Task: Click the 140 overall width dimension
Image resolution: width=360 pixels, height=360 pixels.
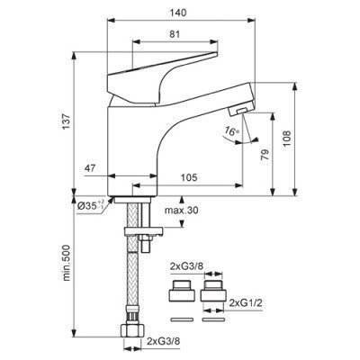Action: tap(178, 13)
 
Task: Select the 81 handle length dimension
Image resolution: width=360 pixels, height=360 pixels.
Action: tap(175, 34)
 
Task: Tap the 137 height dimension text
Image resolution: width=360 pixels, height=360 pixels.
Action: tap(67, 121)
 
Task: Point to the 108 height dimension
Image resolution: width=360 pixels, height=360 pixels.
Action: tap(287, 138)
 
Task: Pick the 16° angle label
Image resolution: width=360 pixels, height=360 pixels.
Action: tap(232, 130)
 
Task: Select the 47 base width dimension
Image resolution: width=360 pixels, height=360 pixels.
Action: tap(90, 168)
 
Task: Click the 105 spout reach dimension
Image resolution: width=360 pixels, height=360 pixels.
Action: tap(189, 177)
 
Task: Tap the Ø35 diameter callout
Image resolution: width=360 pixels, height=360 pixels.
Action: tap(90, 205)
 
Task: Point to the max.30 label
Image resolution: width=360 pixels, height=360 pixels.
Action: tap(181, 211)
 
